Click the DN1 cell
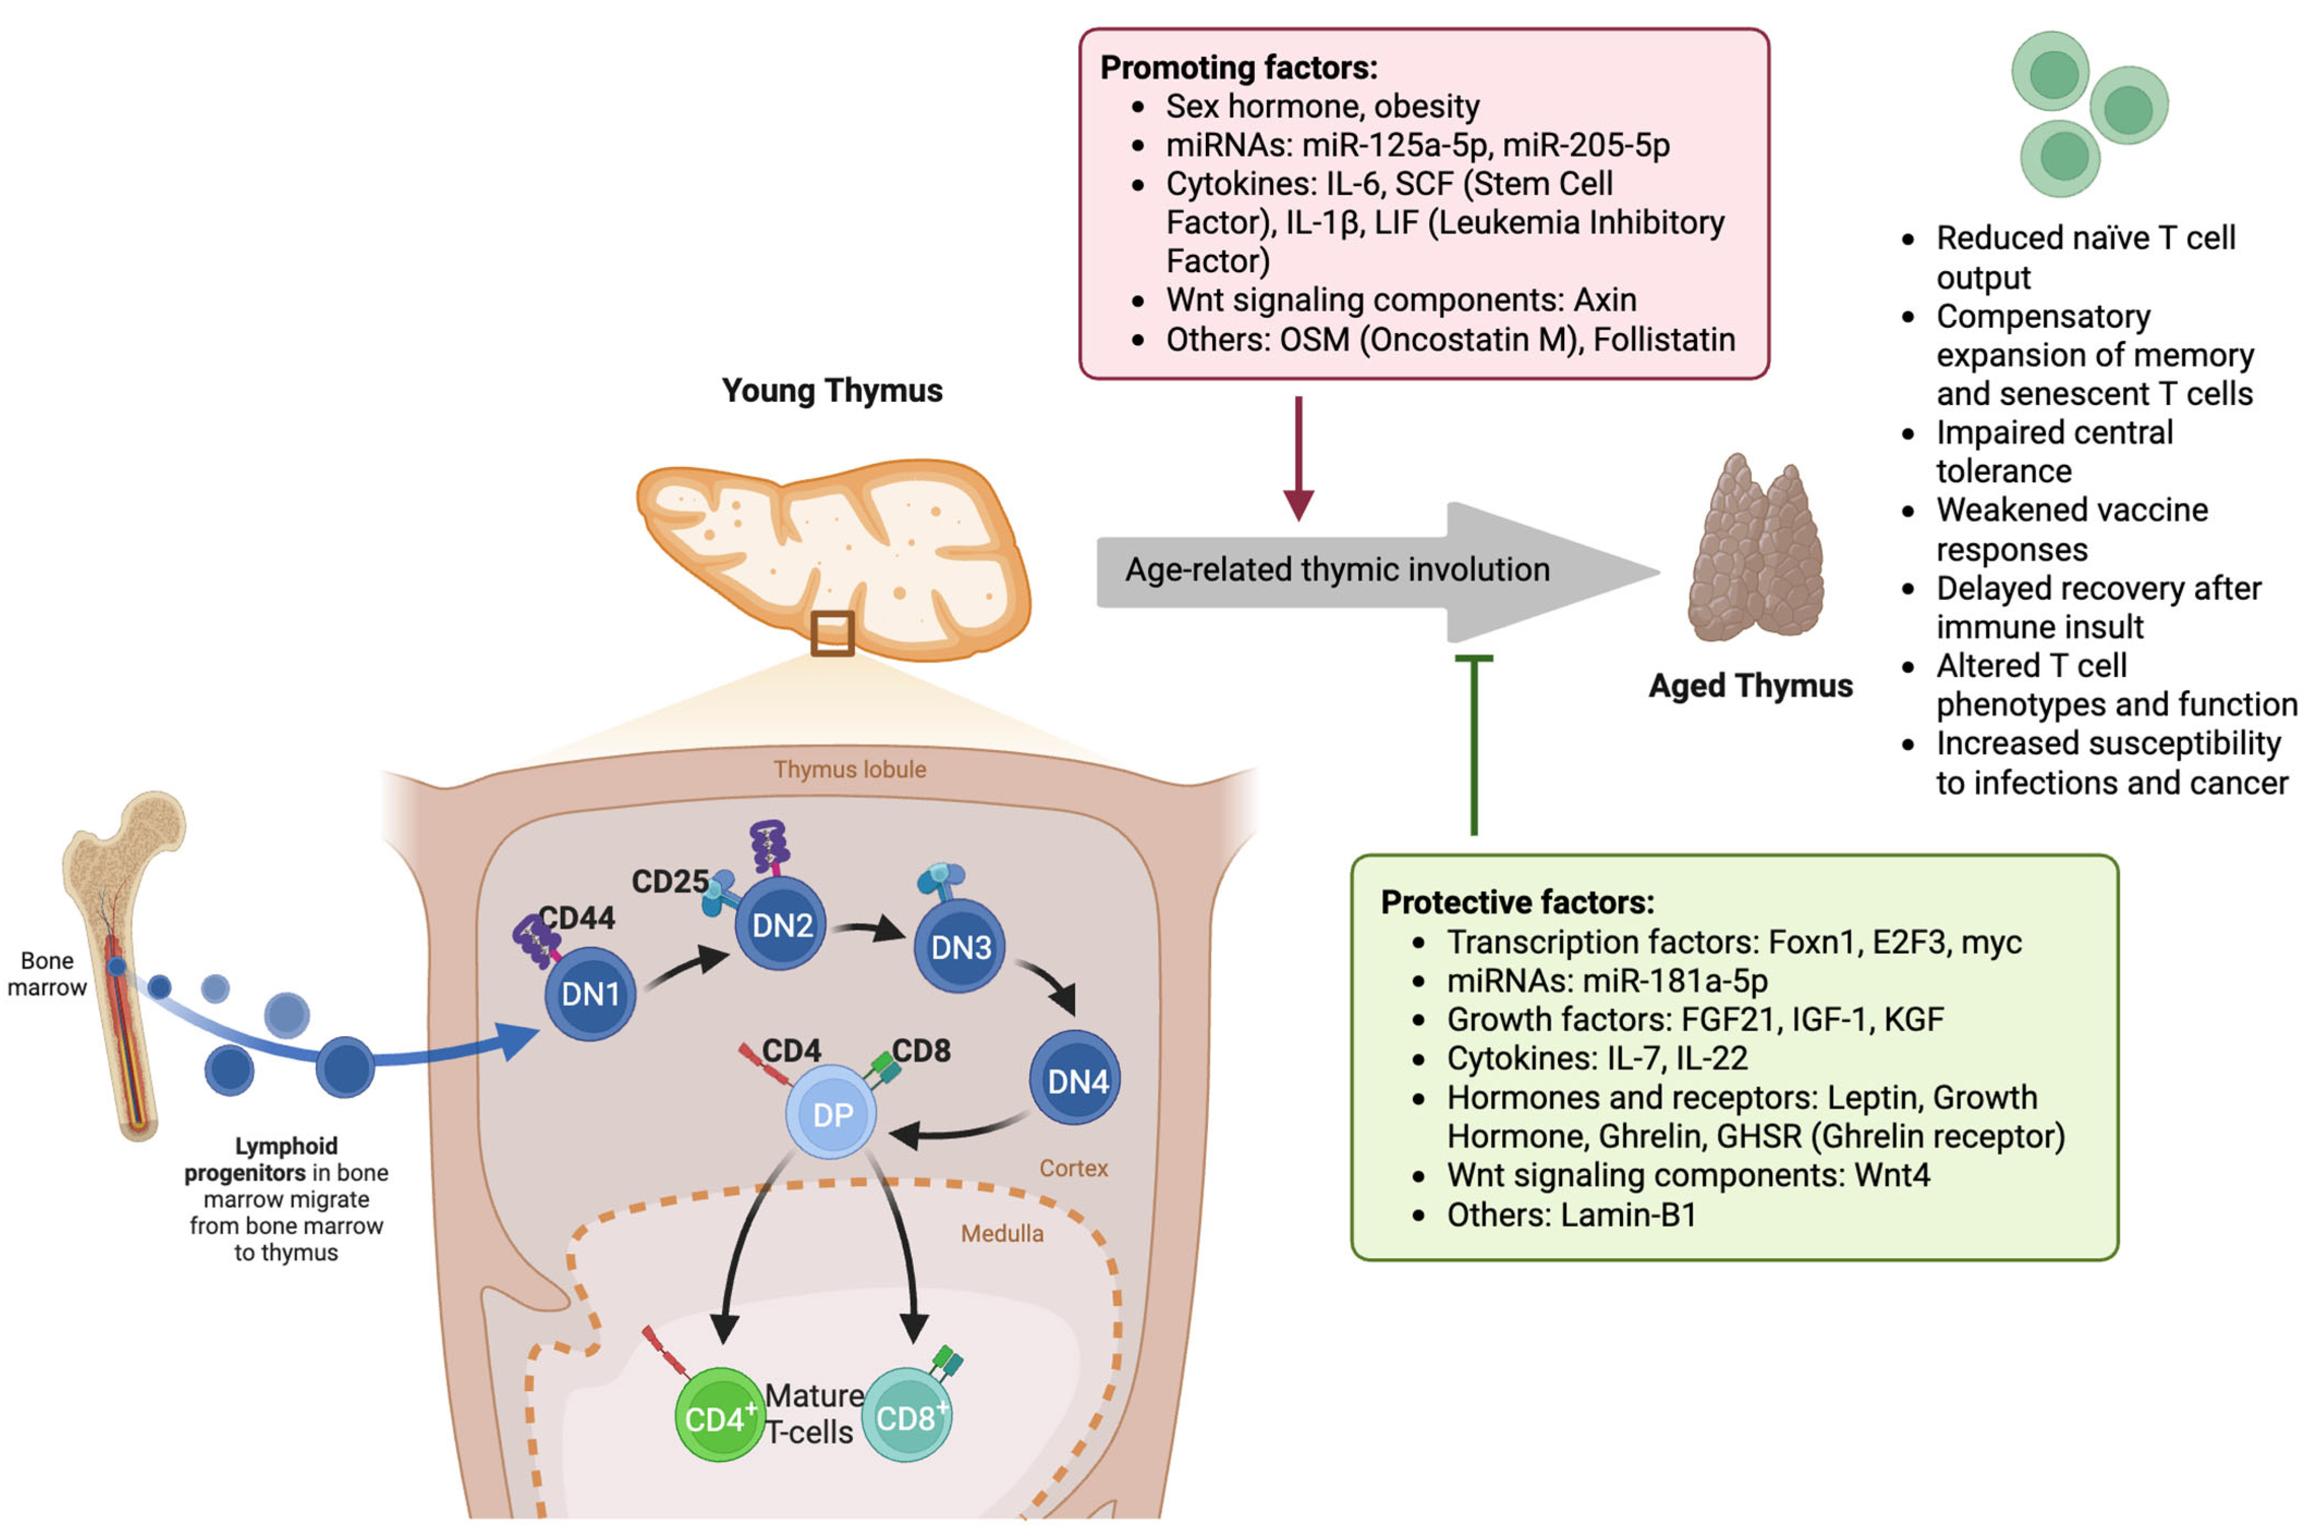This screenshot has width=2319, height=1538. pyautogui.click(x=590, y=994)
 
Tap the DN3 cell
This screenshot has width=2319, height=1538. pyautogui.click(x=960, y=947)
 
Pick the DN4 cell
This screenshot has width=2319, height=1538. pyautogui.click(x=1075, y=1080)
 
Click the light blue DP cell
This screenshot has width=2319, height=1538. pyautogui.click(x=832, y=1113)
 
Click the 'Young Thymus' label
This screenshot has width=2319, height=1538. pyautogui.click(x=832, y=390)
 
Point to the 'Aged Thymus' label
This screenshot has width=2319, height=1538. pyautogui.click(x=1750, y=685)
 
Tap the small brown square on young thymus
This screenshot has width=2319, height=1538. pyautogui.click(x=832, y=633)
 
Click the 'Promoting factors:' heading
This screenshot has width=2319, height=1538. pyautogui.click(x=1238, y=68)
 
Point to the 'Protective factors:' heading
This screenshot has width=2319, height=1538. pyautogui.click(x=1517, y=902)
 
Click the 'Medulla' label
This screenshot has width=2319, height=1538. pyautogui.click(x=1002, y=1233)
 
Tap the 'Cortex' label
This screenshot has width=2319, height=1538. pyautogui.click(x=1073, y=1167)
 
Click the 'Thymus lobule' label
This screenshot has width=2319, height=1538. pyautogui.click(x=850, y=769)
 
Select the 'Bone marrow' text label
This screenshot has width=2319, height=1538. pyautogui.click(x=46, y=973)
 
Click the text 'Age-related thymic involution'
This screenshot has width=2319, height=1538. pyautogui.click(x=1337, y=569)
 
